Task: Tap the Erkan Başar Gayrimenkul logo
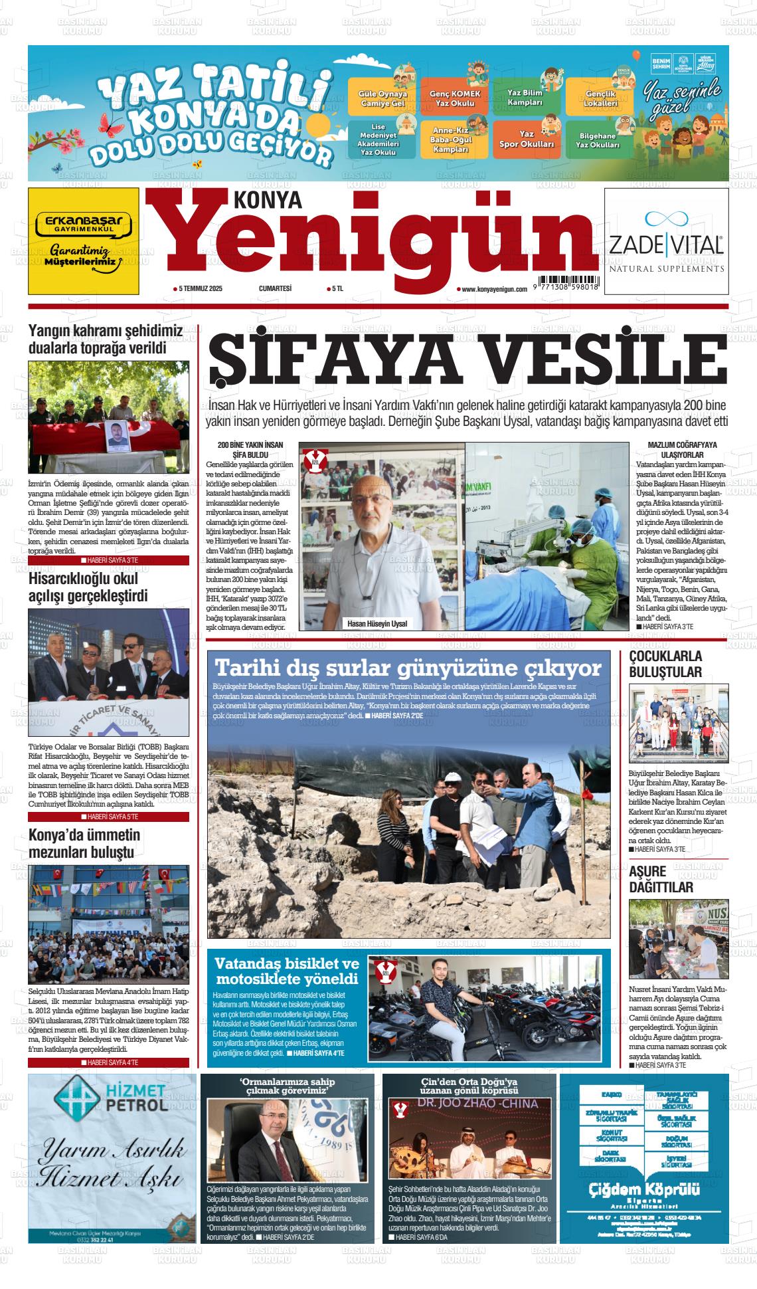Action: coord(84,223)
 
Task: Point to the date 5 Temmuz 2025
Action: coord(197,288)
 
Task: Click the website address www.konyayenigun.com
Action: coord(491,289)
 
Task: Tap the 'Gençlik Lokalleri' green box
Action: coord(600,99)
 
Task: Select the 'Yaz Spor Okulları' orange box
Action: coord(526,139)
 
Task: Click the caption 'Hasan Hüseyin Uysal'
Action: coord(377,624)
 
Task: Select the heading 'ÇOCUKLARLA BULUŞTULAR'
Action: coord(665,664)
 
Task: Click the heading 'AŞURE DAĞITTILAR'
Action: coord(661,879)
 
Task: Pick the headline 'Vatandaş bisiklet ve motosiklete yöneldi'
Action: coord(286,971)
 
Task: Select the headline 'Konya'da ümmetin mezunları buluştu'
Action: coord(84,843)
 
